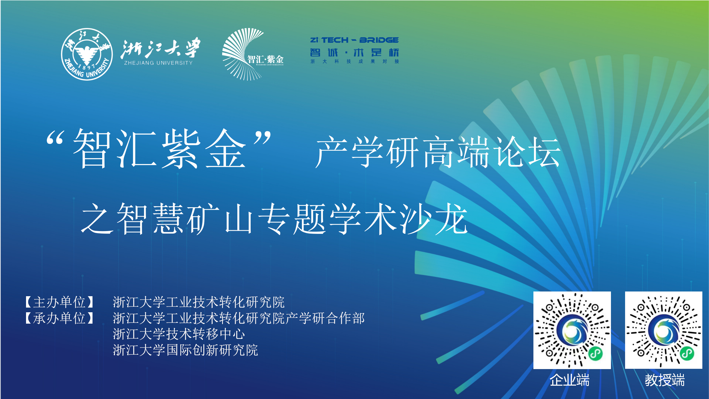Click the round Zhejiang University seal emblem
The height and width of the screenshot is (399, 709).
(87, 54)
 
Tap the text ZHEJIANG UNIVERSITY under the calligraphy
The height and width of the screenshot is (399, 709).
(158, 63)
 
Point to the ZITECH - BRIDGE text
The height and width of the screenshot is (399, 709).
(354, 40)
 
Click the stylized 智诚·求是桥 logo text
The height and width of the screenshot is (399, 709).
(354, 52)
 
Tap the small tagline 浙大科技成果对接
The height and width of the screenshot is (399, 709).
(355, 61)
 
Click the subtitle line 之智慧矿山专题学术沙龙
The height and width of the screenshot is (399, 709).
(274, 219)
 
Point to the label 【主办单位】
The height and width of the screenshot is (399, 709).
(60, 302)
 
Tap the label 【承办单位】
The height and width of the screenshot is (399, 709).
(60, 318)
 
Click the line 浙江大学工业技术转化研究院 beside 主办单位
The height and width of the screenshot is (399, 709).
(199, 302)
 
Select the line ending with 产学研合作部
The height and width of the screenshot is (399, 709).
(239, 318)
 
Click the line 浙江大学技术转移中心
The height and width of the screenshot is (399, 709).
(179, 334)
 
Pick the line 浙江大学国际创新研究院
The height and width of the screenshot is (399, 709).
(185, 350)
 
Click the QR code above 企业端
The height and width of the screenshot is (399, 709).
(572, 330)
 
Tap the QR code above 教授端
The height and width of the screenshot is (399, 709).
(664, 330)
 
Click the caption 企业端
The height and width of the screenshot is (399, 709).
(569, 380)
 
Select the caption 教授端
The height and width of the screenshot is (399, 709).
(665, 380)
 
